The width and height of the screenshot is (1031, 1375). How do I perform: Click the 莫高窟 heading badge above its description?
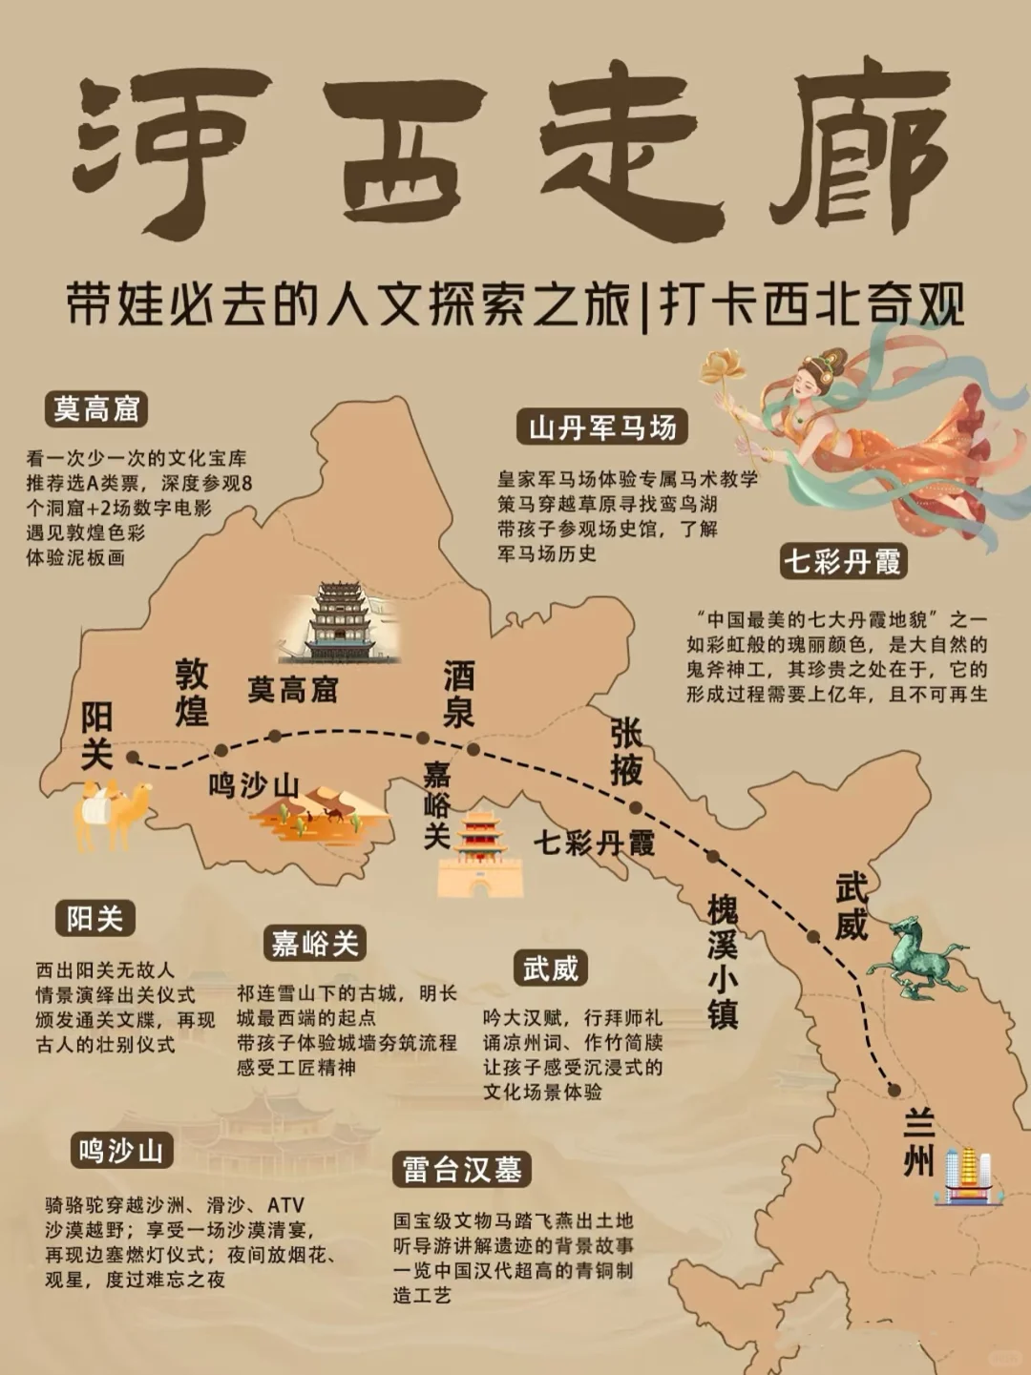tap(96, 409)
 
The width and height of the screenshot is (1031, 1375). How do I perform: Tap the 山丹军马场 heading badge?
tap(602, 427)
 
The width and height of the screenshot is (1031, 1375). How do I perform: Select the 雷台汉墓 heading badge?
tap(462, 1170)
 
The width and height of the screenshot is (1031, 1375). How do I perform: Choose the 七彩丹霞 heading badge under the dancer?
tap(842, 561)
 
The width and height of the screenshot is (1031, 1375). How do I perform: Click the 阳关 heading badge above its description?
tap(95, 919)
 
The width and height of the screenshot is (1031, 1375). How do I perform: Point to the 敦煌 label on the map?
tap(192, 692)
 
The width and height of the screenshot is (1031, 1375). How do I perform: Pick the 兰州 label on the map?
tap(918, 1142)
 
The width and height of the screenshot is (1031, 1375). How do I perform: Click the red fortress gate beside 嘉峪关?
tap(480, 855)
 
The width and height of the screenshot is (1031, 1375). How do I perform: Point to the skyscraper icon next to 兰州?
tap(968, 1176)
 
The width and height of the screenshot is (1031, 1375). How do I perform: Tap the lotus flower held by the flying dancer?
tap(724, 366)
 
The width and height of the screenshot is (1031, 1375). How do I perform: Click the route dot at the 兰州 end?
tap(894, 1090)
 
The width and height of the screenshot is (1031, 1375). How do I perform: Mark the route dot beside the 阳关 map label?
tap(133, 758)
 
